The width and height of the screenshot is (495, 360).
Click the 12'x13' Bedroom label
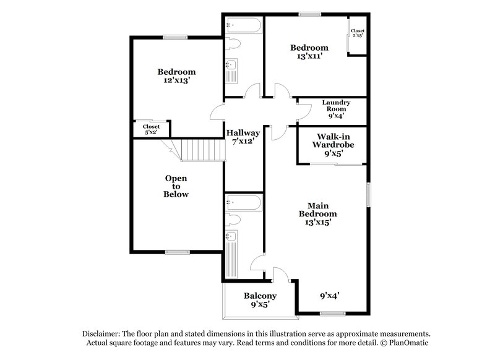(176, 75)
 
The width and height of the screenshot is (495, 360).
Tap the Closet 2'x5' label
(357, 33)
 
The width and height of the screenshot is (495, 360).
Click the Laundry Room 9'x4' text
(336, 109)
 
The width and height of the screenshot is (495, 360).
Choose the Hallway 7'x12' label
(243, 137)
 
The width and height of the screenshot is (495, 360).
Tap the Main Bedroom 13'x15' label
(317, 213)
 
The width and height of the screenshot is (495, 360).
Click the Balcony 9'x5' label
(260, 300)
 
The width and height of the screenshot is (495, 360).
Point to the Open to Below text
(176, 186)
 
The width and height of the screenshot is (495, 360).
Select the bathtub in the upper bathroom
(244, 26)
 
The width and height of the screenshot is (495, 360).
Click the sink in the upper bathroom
(232, 66)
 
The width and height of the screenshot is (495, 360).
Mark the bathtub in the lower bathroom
(244, 202)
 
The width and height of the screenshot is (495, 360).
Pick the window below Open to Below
(176, 252)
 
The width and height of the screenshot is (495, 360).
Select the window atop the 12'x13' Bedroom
(175, 37)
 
